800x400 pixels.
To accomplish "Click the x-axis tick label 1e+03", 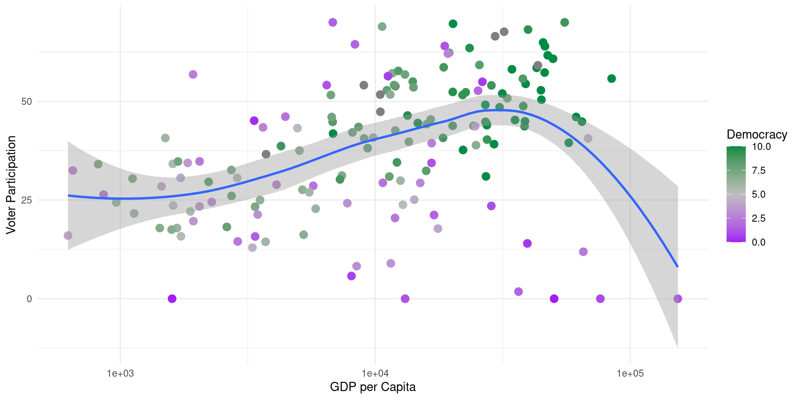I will pyautogui.click(x=120, y=373).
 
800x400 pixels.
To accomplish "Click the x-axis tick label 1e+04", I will pyautogui.click(x=375, y=373).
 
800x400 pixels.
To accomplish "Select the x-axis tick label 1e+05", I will pyautogui.click(x=630, y=373).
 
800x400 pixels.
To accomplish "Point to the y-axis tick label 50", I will pyautogui.click(x=27, y=102).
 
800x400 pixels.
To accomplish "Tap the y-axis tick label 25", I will pyautogui.click(x=27, y=200).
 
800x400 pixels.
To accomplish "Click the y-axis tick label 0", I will pyautogui.click(x=29, y=299).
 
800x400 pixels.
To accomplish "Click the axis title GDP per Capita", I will pyautogui.click(x=372, y=387).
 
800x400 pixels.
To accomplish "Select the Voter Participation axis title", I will pyautogui.click(x=11, y=185).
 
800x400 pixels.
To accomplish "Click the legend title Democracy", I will pyautogui.click(x=757, y=135).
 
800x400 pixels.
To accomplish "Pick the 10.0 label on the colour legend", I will pyautogui.click(x=761, y=147).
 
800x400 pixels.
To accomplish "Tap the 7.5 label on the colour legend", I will pyautogui.click(x=759, y=170).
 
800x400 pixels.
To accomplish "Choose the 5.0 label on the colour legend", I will pyautogui.click(x=759, y=195).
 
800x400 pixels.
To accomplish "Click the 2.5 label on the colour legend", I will pyautogui.click(x=759, y=218).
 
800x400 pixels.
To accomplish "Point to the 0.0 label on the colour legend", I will pyautogui.click(x=759, y=242).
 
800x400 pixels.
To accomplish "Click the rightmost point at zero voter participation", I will pyautogui.click(x=677, y=299).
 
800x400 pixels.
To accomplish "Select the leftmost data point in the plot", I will pyautogui.click(x=68, y=236).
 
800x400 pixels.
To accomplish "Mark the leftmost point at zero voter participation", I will pyautogui.click(x=172, y=299).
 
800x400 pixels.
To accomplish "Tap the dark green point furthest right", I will pyautogui.click(x=611, y=79).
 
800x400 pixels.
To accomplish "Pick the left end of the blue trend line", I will pyautogui.click(x=68, y=195).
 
